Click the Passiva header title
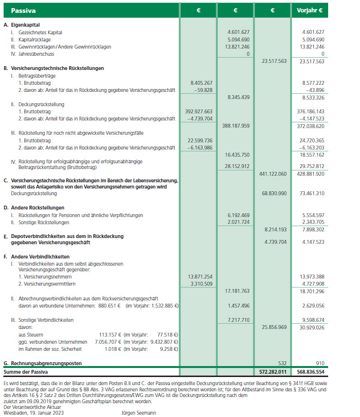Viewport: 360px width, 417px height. pyautogui.click(x=23, y=10)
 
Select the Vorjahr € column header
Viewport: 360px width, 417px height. pyautogui.click(x=310, y=10)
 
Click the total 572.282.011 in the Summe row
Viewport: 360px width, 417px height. pyautogui.click(x=273, y=371)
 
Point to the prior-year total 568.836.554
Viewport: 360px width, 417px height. pyautogui.click(x=310, y=371)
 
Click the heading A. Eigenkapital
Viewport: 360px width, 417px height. pyautogui.click(x=21, y=25)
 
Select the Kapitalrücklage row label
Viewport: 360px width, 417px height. pyautogui.click(x=32, y=40)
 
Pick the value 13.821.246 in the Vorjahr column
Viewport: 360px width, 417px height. pyautogui.click(x=310, y=47)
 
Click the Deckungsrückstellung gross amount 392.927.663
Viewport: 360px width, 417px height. pyautogui.click(x=198, y=111)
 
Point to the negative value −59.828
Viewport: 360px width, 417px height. pyautogui.click(x=202, y=90)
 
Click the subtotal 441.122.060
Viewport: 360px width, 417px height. pyautogui.click(x=273, y=174)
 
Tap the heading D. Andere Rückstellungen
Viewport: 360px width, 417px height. pyautogui.click(x=34, y=208)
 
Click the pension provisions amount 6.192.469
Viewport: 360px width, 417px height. pyautogui.click(x=236, y=215)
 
